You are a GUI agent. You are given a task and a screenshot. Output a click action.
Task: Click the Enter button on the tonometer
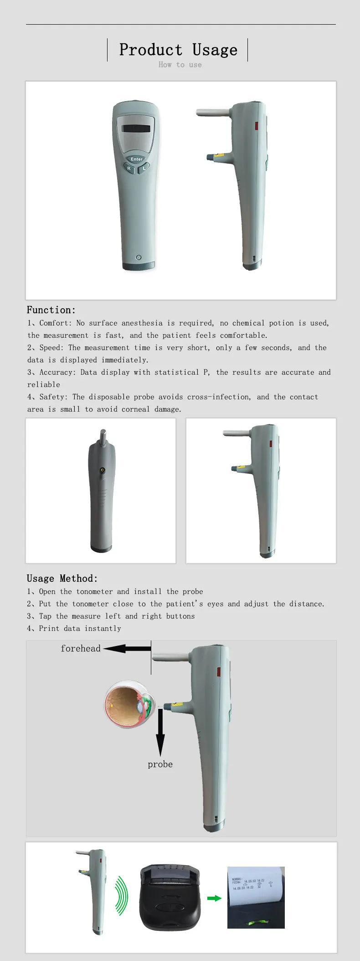pos(137,159)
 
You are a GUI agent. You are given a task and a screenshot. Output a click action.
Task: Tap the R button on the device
pos(129,168)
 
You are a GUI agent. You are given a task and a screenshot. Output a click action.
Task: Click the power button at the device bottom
pos(139,257)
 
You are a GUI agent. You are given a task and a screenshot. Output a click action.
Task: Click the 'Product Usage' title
pos(178,50)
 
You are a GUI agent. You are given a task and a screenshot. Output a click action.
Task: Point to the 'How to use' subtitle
pos(180,65)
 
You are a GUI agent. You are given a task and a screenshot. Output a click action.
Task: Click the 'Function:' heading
pos(51,310)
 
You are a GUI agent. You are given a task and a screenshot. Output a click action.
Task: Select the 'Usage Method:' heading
pos(62,579)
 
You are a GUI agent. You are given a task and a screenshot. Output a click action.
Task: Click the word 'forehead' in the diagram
pos(81,648)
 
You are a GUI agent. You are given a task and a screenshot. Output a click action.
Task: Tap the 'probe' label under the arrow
pos(160,764)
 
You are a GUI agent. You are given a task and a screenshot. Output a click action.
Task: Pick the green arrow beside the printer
pos(214,898)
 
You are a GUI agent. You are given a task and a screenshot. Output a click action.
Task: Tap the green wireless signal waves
pos(121,896)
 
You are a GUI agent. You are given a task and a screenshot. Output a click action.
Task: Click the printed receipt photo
pos(256,897)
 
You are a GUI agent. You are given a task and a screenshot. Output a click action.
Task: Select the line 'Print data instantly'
pos(80,628)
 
